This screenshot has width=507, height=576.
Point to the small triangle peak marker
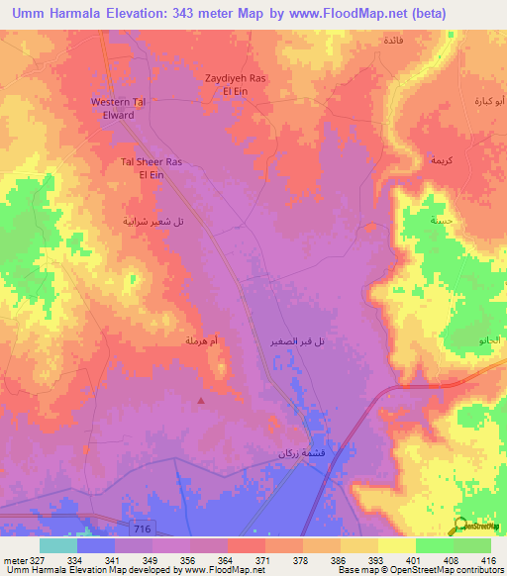click(x=202, y=401)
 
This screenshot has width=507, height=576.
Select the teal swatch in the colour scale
click(x=58, y=545)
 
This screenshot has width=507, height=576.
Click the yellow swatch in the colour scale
click(x=397, y=545)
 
